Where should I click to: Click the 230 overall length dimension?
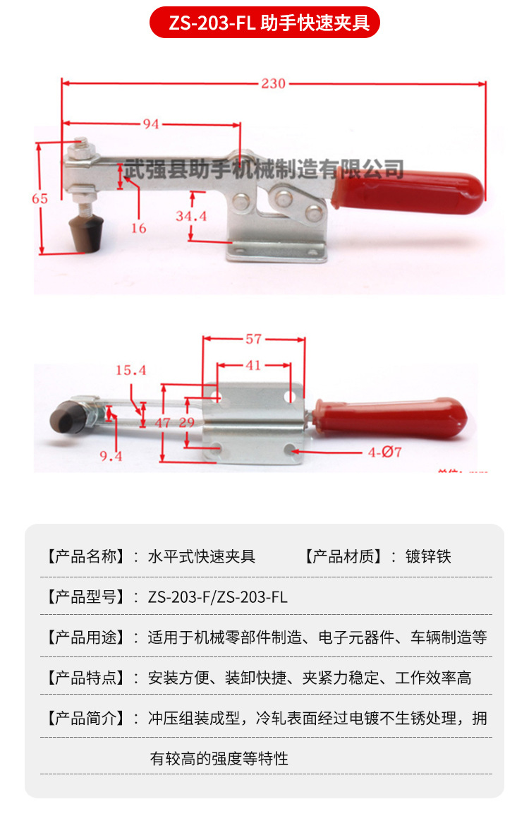coord(273,84)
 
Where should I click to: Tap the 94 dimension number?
coord(151,124)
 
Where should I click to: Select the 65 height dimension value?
coord(39,198)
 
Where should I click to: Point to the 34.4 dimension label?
coord(191,216)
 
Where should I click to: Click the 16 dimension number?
coord(138,228)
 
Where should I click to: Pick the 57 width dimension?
coord(253,340)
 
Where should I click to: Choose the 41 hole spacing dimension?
coord(253,365)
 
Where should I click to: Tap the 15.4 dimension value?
coord(130,371)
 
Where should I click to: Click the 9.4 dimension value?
coord(111,457)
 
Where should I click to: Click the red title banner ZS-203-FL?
coord(264,23)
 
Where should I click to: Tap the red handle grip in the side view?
coord(410,190)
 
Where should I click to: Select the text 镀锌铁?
coord(427,556)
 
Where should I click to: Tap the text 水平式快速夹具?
coord(201,556)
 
